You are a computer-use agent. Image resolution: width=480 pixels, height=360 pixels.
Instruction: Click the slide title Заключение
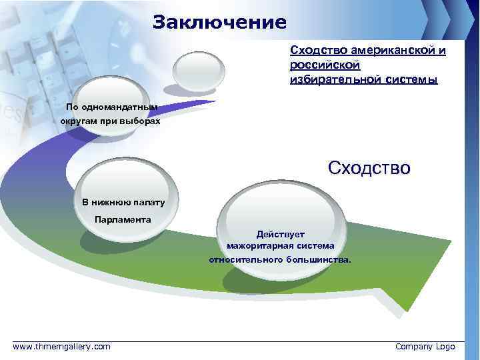[x=219, y=23]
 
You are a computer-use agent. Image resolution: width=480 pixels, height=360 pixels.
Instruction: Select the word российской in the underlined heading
[x=325, y=65]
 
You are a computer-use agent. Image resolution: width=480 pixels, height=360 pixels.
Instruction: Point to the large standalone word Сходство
[x=369, y=167]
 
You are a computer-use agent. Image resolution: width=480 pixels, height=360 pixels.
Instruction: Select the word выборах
[x=142, y=123]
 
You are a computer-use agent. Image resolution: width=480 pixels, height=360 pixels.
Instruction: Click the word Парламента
[x=123, y=219]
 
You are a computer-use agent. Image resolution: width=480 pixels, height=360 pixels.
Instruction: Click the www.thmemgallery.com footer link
[x=62, y=347]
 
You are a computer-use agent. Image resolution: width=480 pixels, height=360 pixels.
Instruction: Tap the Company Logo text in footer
[x=425, y=347]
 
